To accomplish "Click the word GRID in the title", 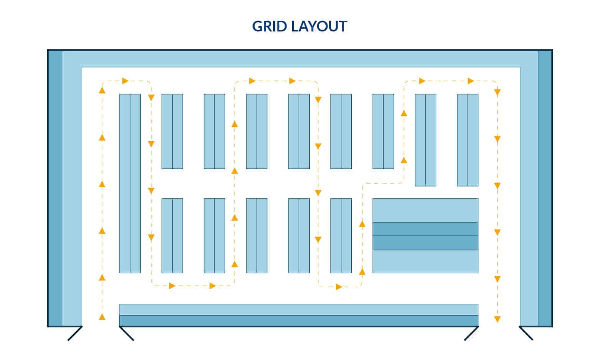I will (x=269, y=26).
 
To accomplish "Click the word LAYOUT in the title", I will (x=319, y=26).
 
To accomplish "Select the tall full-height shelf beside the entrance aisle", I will (x=130, y=183).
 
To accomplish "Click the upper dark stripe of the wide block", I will (x=425, y=229).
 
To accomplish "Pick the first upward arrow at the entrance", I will (x=102, y=317).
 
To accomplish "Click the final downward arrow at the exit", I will (x=497, y=319).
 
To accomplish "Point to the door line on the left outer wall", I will (x=75, y=334).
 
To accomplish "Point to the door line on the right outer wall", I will (x=526, y=333).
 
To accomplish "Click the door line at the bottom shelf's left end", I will (x=127, y=334).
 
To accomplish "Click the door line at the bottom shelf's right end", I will (x=471, y=334).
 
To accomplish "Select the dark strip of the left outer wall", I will (x=55, y=188).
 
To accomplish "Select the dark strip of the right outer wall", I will (x=545, y=188).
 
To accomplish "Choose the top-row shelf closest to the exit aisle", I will (x=467, y=140).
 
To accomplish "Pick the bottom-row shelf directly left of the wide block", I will (x=341, y=236).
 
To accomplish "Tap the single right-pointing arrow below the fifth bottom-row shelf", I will (x=339, y=287).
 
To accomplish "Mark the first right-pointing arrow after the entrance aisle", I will (x=125, y=81).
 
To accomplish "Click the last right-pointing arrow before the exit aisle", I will (x=471, y=81).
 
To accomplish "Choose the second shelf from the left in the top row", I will (x=172, y=131).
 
